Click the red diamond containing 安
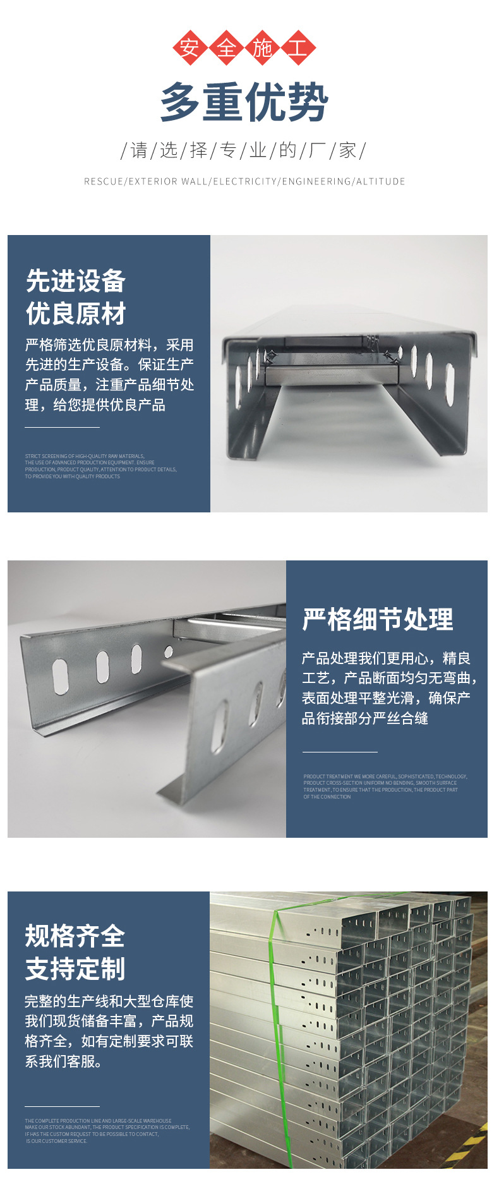point(189,48)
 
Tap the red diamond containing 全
point(226,48)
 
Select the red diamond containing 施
point(262,48)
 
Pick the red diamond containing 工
point(298,48)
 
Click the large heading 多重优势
point(244,102)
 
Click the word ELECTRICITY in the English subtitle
point(245,181)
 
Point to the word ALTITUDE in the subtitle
point(381,181)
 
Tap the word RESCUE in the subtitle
point(104,181)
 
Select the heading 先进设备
point(76,281)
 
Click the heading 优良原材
point(76,314)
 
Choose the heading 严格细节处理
point(378,620)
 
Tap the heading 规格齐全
point(75,936)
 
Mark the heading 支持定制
point(75,969)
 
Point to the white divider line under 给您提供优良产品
point(62,428)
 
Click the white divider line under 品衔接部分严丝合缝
point(340,752)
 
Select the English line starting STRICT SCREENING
point(85,456)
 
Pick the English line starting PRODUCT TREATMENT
point(385,776)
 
